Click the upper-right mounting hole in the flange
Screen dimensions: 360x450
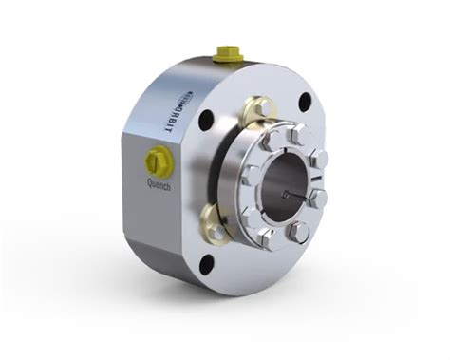(304, 101)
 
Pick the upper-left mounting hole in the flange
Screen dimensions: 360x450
(205, 120)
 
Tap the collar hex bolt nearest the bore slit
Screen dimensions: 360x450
(318, 198)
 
